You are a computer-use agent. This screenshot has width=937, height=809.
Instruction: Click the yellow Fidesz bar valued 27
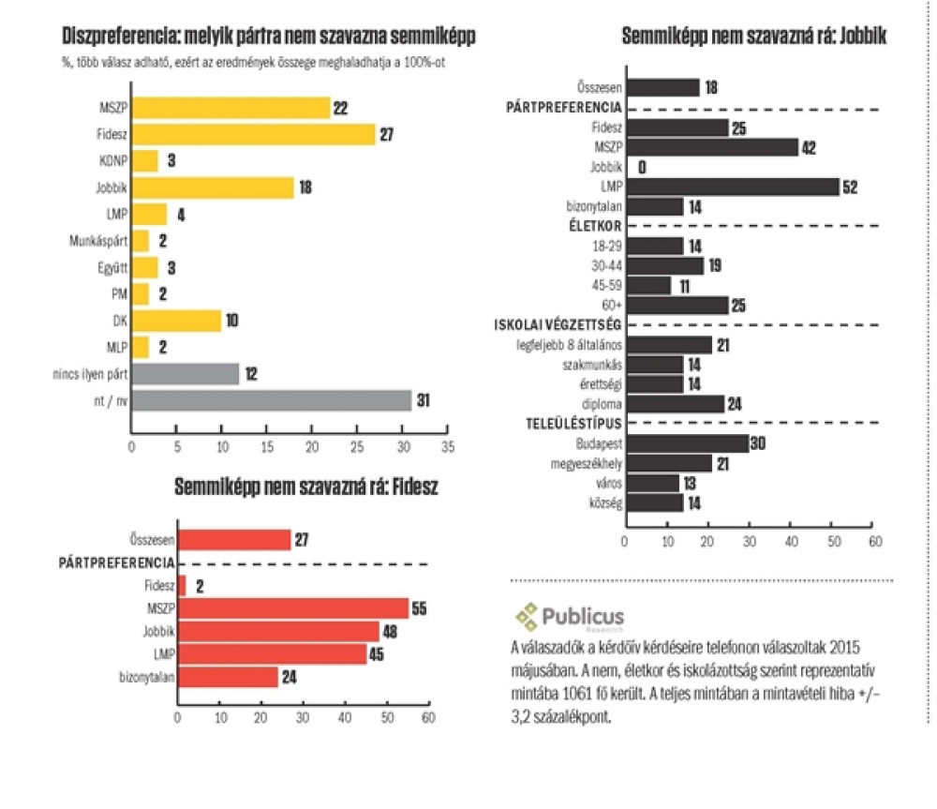[x=253, y=133]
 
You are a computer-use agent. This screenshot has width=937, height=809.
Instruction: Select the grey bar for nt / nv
[x=271, y=401]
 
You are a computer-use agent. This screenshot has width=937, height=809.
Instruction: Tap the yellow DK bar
[x=176, y=321]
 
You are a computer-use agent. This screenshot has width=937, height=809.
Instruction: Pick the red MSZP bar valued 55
[x=293, y=608]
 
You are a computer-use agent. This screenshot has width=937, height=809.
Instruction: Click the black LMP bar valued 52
[x=733, y=187]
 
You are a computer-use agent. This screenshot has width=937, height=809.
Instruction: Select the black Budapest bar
[x=687, y=443]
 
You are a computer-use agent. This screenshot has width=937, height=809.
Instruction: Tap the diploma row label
[x=603, y=404]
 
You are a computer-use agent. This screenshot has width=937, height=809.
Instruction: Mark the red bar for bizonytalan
[x=228, y=676]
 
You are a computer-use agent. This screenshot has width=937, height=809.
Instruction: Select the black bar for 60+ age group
[x=677, y=305]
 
